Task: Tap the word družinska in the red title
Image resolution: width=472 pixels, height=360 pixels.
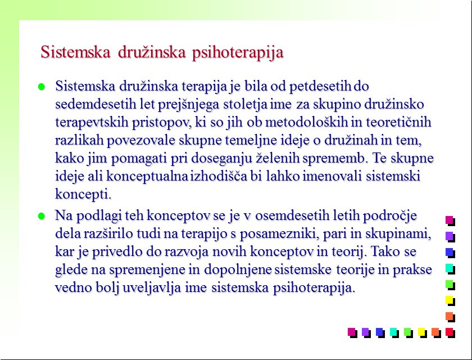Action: pos(152,52)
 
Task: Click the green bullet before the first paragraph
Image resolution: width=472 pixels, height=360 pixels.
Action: pos(42,87)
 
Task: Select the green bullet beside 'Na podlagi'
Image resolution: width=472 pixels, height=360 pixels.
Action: pos(42,216)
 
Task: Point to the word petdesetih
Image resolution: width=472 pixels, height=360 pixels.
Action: pos(320,87)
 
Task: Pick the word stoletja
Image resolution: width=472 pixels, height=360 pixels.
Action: pos(246,105)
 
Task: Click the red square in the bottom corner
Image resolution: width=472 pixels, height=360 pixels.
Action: pos(450,333)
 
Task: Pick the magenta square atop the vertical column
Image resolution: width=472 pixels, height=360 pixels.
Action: pos(450,221)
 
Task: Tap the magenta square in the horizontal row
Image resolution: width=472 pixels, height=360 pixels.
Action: pos(352,333)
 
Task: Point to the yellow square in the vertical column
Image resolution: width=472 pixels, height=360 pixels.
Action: pos(450,301)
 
